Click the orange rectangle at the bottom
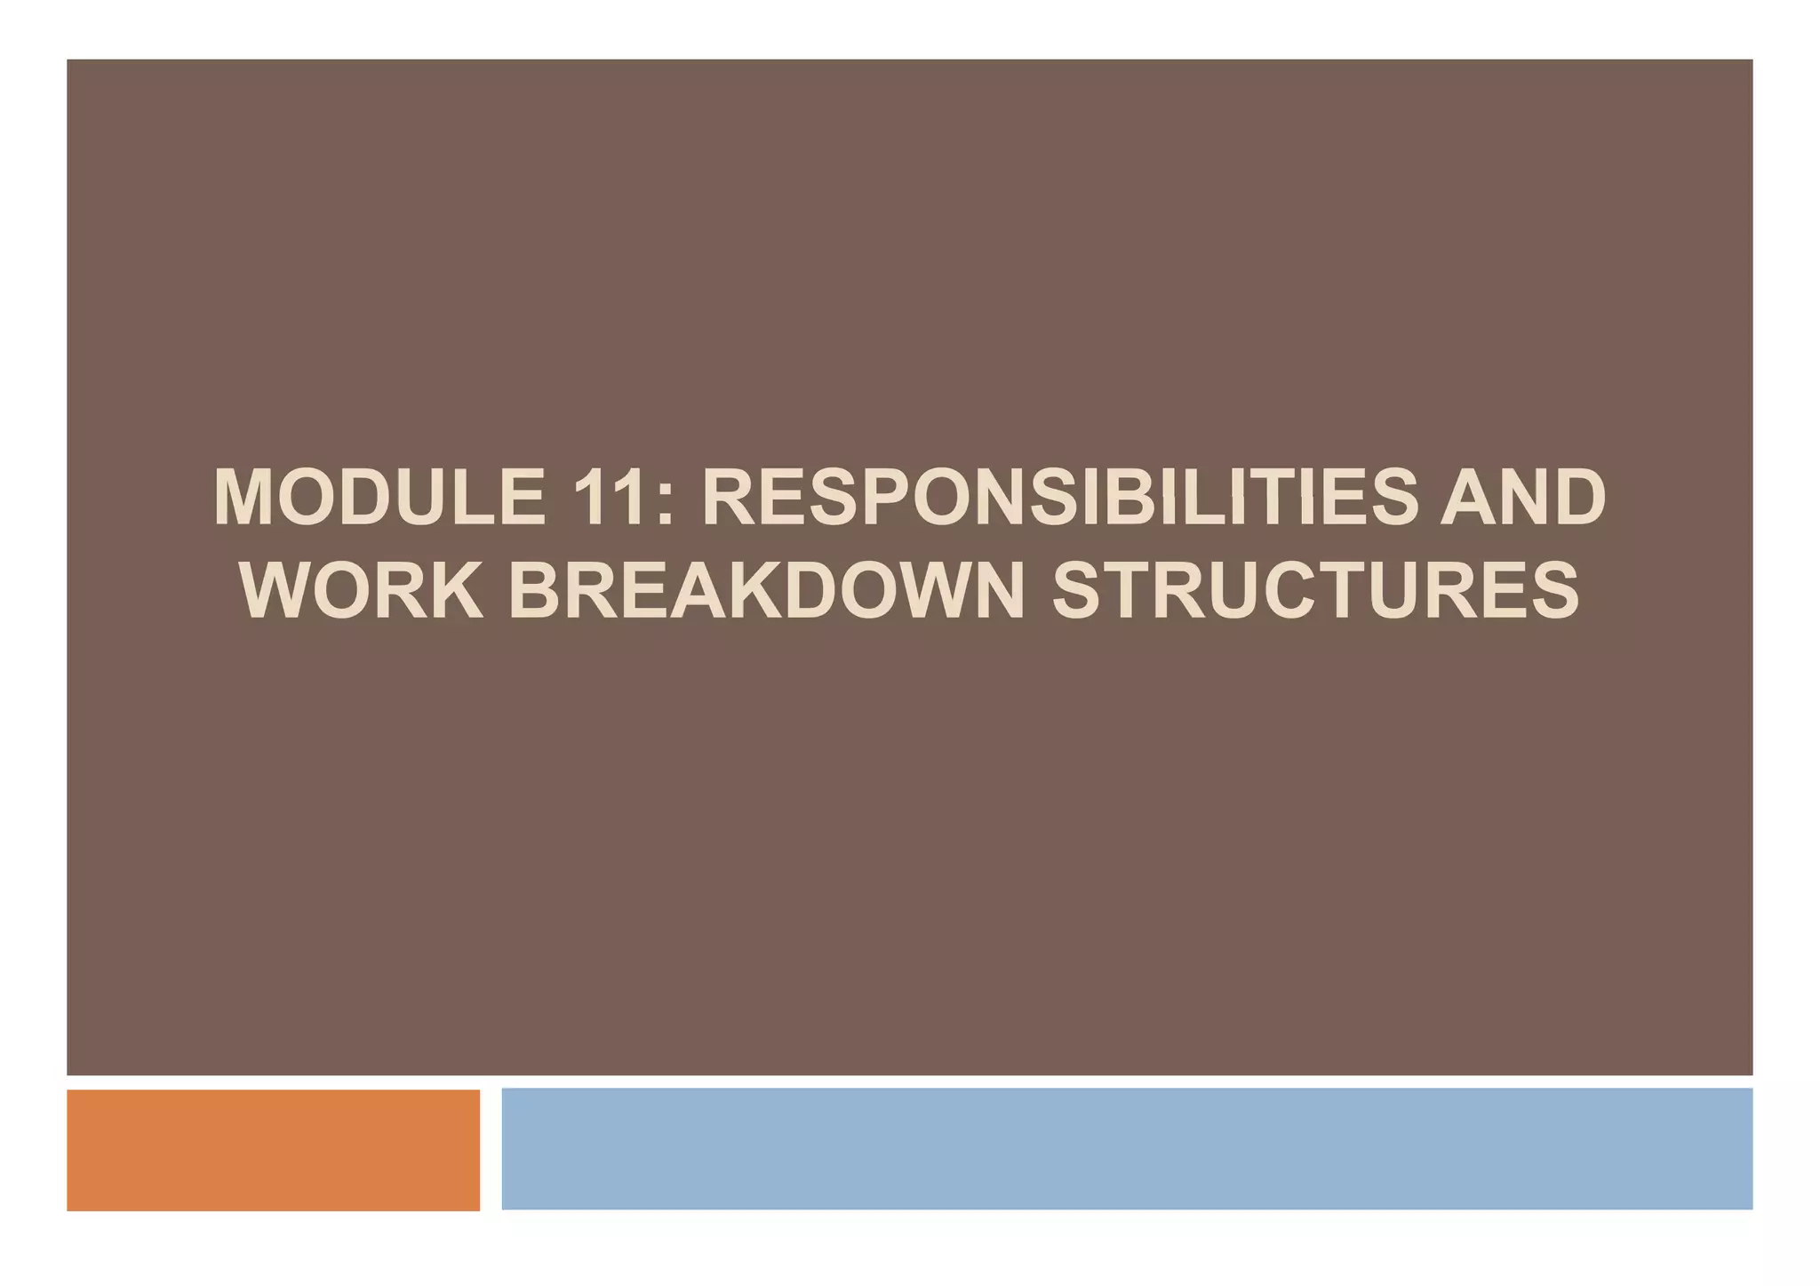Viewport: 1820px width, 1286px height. (273, 1149)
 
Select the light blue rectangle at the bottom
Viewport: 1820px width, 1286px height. (1127, 1148)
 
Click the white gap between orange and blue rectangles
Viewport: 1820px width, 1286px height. (491, 1149)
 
